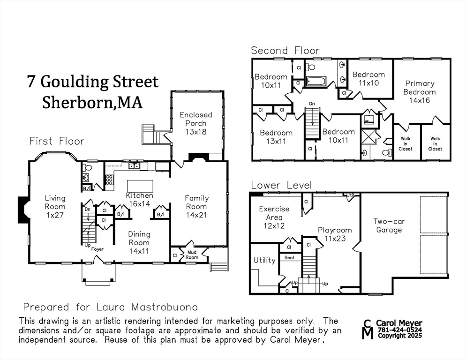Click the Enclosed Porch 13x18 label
(x=196, y=123)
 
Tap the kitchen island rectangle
(x=140, y=186)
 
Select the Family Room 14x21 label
(x=196, y=207)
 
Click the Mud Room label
(x=192, y=255)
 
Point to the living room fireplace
(x=23, y=209)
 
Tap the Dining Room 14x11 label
(x=139, y=242)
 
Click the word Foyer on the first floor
(x=97, y=249)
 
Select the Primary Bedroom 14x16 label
(x=419, y=92)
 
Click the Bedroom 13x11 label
(x=276, y=137)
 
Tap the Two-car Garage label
(x=389, y=225)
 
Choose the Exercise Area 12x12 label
(x=274, y=217)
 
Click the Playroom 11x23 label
(x=335, y=234)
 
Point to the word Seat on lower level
(x=289, y=257)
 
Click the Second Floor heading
(x=286, y=50)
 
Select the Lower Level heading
(x=281, y=185)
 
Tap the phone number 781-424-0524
(x=400, y=330)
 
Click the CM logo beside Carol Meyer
(x=368, y=330)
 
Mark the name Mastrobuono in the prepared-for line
(x=165, y=307)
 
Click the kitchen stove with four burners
(x=109, y=180)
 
